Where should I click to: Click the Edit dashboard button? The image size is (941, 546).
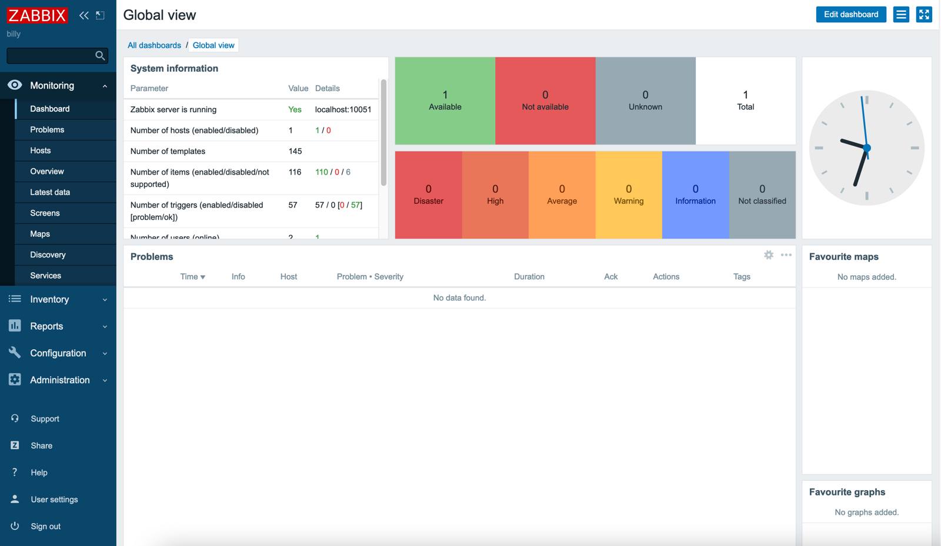coord(850,15)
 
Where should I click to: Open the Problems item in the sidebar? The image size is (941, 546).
coord(47,130)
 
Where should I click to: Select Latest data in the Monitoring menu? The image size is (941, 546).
coord(50,192)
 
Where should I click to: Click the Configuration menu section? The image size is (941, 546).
coord(58,353)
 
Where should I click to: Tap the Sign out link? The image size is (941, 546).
coord(45,527)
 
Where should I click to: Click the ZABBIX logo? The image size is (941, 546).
coord(37,15)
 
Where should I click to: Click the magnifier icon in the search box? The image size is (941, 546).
coord(100,56)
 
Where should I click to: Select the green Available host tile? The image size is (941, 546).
coord(445,101)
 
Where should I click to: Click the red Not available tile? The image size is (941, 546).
coord(545,101)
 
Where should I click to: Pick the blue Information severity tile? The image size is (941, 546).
coord(695,195)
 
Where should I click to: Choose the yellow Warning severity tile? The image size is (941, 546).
coord(629,195)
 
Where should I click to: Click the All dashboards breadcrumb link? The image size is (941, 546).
coord(154,45)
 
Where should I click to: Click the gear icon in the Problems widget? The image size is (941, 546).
coord(769,255)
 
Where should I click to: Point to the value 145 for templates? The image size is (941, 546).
coord(295,152)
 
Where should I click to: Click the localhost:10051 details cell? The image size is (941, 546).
coord(343,110)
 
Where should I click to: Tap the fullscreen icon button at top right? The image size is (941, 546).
coord(924,15)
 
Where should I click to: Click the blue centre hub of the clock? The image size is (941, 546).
coord(867,148)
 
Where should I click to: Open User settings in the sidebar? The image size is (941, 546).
coord(54,500)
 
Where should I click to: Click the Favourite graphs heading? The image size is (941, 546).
coord(847,493)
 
